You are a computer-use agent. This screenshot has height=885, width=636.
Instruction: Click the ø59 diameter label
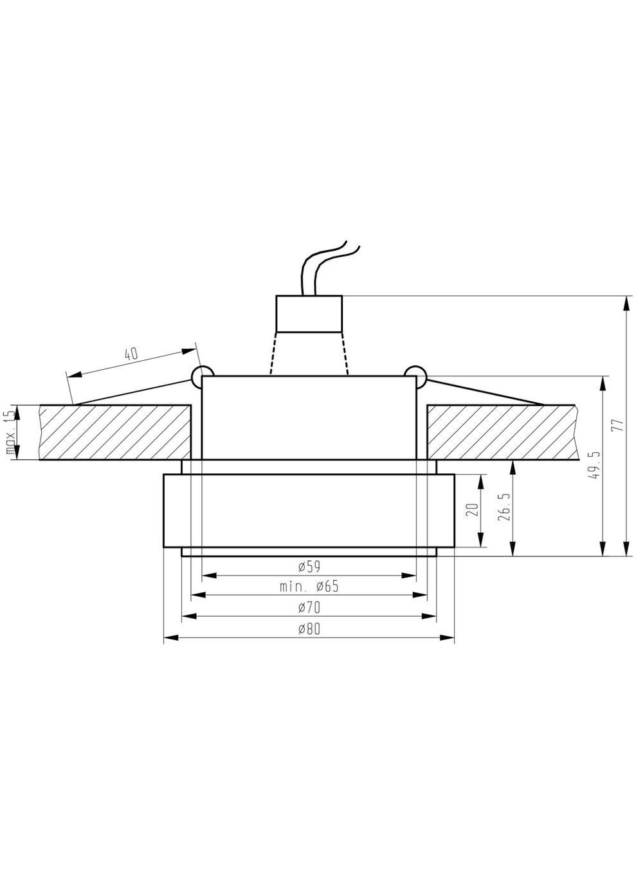(x=309, y=566)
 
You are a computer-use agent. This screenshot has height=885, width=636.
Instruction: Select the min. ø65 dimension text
(x=309, y=586)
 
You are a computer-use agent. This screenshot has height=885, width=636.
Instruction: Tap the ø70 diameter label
(x=309, y=607)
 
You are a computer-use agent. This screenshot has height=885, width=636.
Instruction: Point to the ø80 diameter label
(x=309, y=629)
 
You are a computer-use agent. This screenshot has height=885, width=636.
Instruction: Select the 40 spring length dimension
(x=131, y=353)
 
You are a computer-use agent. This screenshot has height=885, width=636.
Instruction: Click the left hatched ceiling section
(x=115, y=432)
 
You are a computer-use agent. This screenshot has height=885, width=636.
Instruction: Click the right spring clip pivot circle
(x=415, y=374)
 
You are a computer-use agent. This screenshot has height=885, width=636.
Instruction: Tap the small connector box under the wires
(x=309, y=313)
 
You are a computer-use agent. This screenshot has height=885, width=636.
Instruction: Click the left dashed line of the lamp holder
(x=273, y=353)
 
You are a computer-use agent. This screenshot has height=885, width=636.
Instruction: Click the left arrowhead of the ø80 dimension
(x=169, y=638)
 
